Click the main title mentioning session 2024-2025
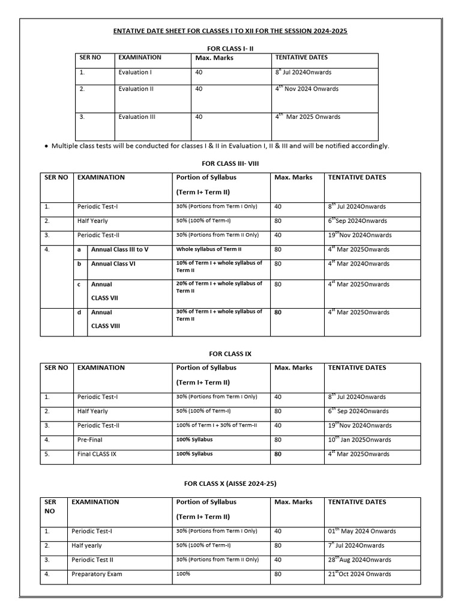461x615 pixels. [230, 31]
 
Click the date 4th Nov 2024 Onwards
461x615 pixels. [307, 88]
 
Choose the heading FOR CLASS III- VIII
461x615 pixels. [230, 163]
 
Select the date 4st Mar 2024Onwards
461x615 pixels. [358, 264]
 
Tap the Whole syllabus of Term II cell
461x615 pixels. [208, 249]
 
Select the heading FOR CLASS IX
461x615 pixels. [230, 354]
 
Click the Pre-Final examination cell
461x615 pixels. [90, 440]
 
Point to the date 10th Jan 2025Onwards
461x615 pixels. [359, 440]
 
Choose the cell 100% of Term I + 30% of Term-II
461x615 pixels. [216, 426]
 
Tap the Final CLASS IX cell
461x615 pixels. [97, 455]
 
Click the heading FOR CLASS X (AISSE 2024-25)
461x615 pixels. [230, 483]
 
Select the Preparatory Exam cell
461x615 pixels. [97, 574]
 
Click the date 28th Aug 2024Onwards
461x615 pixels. [359, 560]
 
